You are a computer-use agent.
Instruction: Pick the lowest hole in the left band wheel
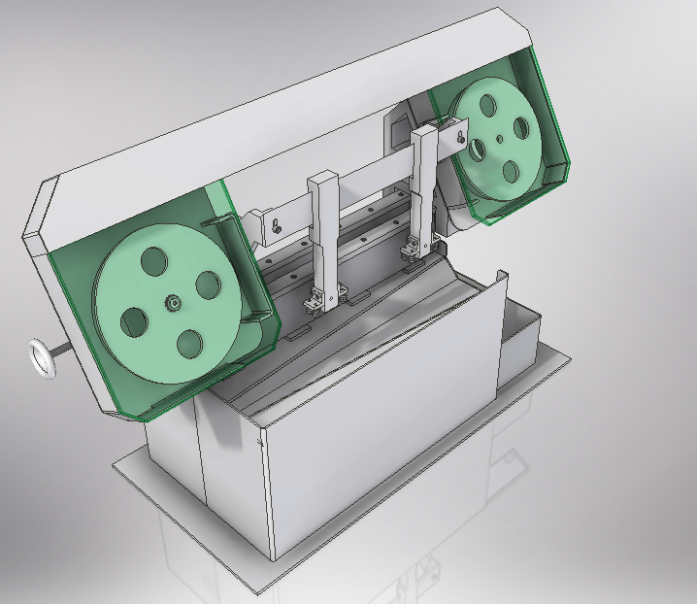pos(189,342)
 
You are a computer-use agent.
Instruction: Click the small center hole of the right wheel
pos(498,138)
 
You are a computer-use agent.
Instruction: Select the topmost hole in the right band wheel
pos(481,105)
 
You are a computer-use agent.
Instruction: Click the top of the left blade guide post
pos(322,181)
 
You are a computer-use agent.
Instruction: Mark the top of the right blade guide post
pos(425,131)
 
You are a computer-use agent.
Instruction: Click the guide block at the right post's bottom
pos(415,249)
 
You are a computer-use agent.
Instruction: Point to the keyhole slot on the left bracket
pos(278,226)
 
